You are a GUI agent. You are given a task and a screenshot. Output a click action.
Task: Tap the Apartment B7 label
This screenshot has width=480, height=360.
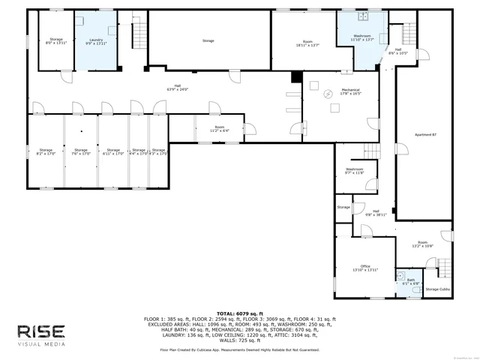(x=425, y=134)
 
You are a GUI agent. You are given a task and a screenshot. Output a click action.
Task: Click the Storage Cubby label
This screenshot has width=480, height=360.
(x=437, y=289)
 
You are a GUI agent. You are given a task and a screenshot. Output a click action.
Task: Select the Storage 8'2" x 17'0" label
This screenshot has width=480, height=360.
(x=45, y=152)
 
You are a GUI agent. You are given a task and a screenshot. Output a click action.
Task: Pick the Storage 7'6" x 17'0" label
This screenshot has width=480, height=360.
(x=80, y=152)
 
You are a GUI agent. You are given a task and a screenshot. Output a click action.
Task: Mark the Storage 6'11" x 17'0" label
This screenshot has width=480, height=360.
(x=113, y=152)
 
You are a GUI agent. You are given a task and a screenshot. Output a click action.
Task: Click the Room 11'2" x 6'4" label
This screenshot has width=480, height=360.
(x=220, y=129)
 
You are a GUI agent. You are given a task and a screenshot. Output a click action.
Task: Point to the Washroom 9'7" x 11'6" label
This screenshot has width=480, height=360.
(x=355, y=171)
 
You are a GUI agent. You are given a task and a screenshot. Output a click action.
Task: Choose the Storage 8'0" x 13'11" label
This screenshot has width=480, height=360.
(x=56, y=41)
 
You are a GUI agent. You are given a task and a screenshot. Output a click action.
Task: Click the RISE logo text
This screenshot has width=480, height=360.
(x=41, y=331)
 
